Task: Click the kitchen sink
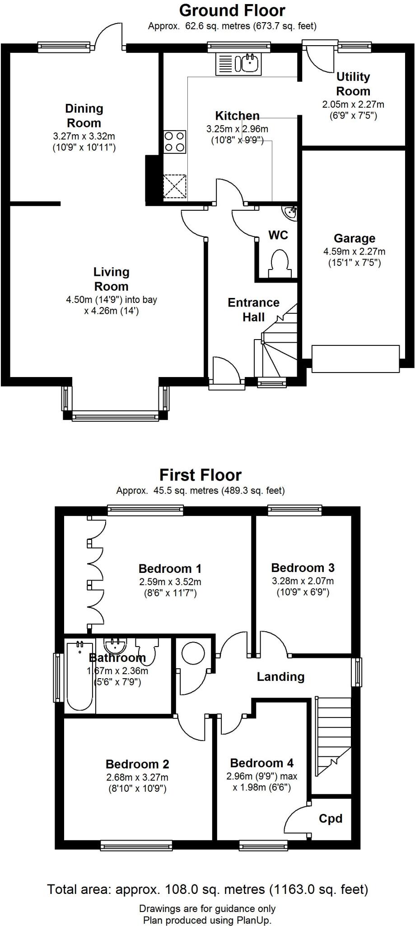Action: click(238, 64)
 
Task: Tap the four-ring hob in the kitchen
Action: click(175, 142)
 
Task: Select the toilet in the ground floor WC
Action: click(279, 264)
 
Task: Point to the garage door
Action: click(355, 359)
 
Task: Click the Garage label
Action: click(354, 238)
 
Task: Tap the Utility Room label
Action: click(353, 84)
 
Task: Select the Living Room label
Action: click(111, 279)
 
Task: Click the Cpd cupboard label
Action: click(331, 818)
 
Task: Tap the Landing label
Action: click(281, 677)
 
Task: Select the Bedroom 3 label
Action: click(303, 567)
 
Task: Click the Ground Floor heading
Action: click(232, 10)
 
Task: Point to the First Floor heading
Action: click(201, 475)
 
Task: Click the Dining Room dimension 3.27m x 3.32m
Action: click(84, 136)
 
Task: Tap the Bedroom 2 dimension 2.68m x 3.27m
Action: click(137, 777)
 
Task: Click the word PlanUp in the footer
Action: click(252, 920)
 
